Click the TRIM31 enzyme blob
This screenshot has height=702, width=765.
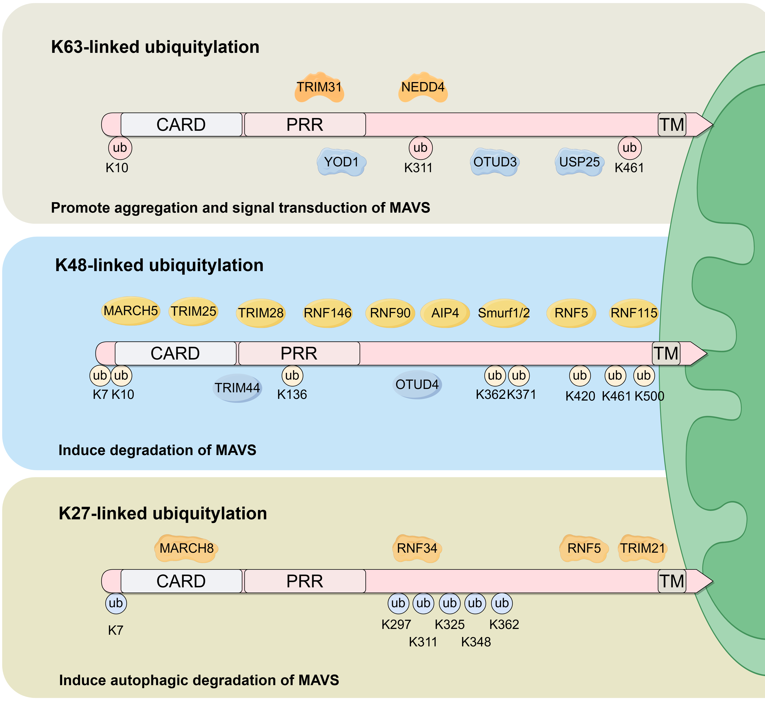pos(319,87)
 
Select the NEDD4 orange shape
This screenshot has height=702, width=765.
pos(423,87)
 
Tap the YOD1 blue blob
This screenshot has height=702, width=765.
pos(341,162)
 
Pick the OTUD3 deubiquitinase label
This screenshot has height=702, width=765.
pos(495,162)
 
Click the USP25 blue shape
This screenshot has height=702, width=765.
pos(579,162)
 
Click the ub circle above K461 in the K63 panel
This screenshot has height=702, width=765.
pos(630,148)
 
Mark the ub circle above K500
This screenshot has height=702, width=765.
pos(644,376)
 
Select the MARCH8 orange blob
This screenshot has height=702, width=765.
pos(186,549)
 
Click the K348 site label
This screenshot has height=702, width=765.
pos(476,642)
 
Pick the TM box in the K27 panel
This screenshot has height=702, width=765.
pos(672,581)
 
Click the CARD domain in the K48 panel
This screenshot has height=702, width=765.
pos(175,354)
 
